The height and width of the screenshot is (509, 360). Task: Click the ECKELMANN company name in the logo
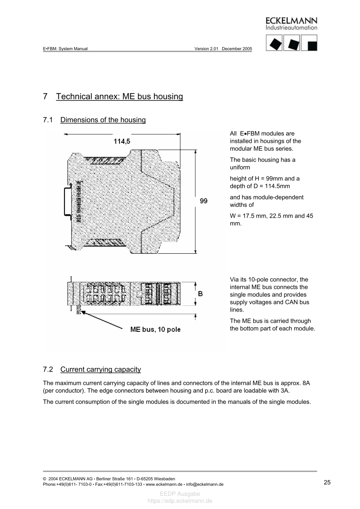coord(291,20)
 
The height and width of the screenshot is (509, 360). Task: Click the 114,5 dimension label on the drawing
coord(122,141)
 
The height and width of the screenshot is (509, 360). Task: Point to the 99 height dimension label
coord(204,201)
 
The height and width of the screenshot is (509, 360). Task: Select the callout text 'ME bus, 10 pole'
coord(155,329)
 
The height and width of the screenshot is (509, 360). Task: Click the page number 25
coord(327,482)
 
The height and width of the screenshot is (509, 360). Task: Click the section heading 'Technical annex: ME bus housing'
coord(119,96)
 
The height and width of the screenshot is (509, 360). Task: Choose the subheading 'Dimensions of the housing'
coord(103,120)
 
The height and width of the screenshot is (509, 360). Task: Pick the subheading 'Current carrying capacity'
coord(100,369)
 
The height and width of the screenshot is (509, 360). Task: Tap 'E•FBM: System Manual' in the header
coord(65,48)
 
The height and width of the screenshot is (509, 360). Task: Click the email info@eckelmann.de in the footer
coord(205,484)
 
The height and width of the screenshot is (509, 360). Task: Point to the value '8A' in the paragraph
coord(306,384)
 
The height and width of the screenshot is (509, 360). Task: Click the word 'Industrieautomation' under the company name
coord(291,28)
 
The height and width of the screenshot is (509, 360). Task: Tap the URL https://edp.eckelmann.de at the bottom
coord(180,501)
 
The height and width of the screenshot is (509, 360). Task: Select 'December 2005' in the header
coord(237,48)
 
